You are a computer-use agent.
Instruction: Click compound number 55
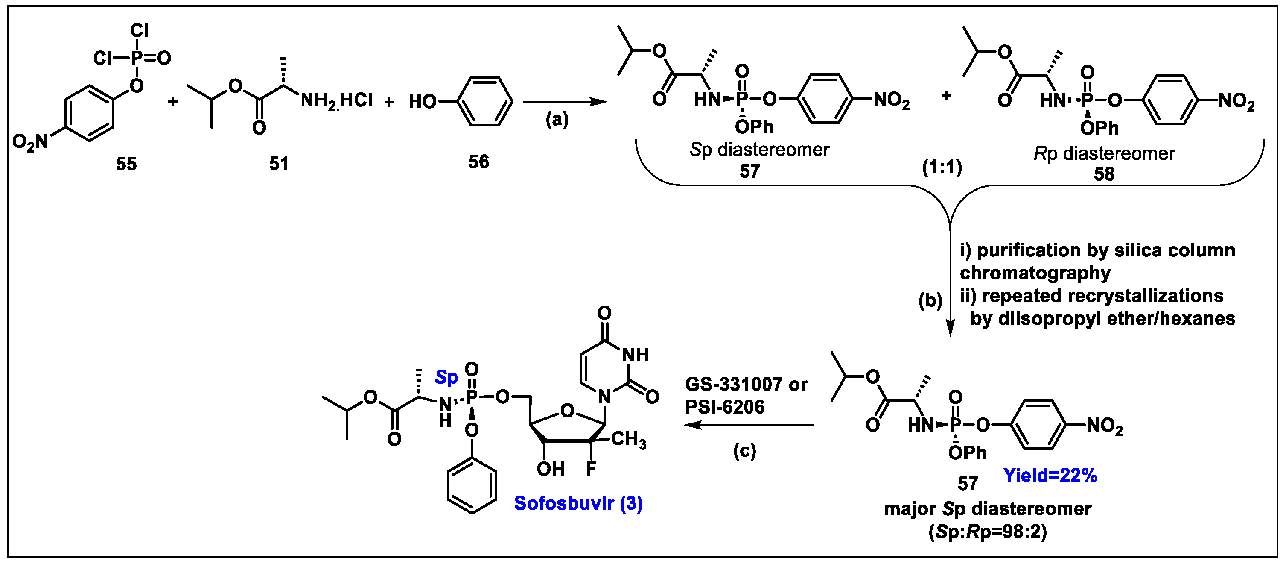126,164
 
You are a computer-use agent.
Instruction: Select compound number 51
279,163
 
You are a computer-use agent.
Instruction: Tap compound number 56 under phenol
478,162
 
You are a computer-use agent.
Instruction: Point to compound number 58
1104,174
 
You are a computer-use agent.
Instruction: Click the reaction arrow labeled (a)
564,102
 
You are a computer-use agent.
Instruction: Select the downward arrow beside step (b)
951,280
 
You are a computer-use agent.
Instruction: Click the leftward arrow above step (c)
749,425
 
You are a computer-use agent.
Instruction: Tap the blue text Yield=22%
1050,475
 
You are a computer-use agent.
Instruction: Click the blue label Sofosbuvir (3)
578,503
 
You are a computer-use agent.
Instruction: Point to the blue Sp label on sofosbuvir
446,377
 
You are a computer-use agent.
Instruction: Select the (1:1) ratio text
942,167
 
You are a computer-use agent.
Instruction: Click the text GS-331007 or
746,384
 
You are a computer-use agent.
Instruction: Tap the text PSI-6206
724,407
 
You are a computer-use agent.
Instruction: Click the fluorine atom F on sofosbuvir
591,469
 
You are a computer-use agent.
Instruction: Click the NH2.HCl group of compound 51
336,101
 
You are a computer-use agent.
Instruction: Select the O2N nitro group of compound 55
30,142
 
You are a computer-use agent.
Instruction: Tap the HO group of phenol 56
423,102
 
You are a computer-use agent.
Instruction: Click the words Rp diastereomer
1104,153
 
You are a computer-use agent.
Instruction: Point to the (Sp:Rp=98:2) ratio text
988,532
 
